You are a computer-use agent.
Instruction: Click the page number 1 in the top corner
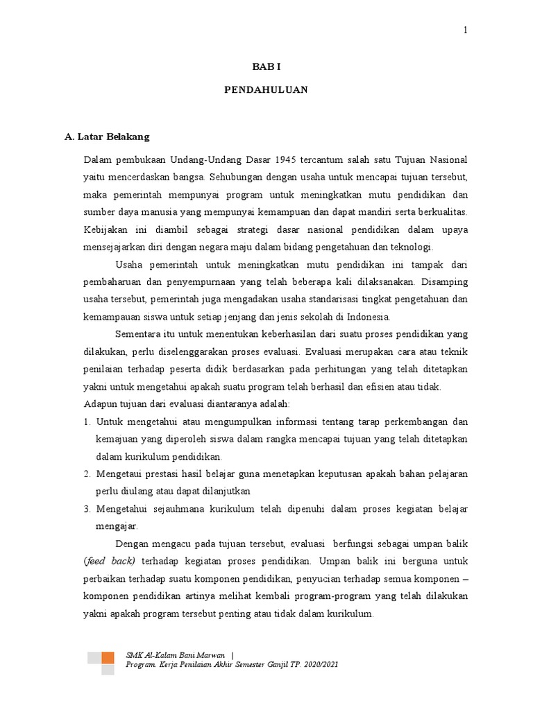(466, 30)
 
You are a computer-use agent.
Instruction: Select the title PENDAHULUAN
(266, 90)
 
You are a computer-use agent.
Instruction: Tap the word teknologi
(412, 246)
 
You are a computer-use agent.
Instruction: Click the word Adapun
(98, 404)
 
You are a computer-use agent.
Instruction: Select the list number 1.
(87, 422)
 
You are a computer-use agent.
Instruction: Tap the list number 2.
(87, 474)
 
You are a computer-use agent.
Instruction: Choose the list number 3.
(87, 509)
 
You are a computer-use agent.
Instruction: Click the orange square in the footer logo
(108, 657)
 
